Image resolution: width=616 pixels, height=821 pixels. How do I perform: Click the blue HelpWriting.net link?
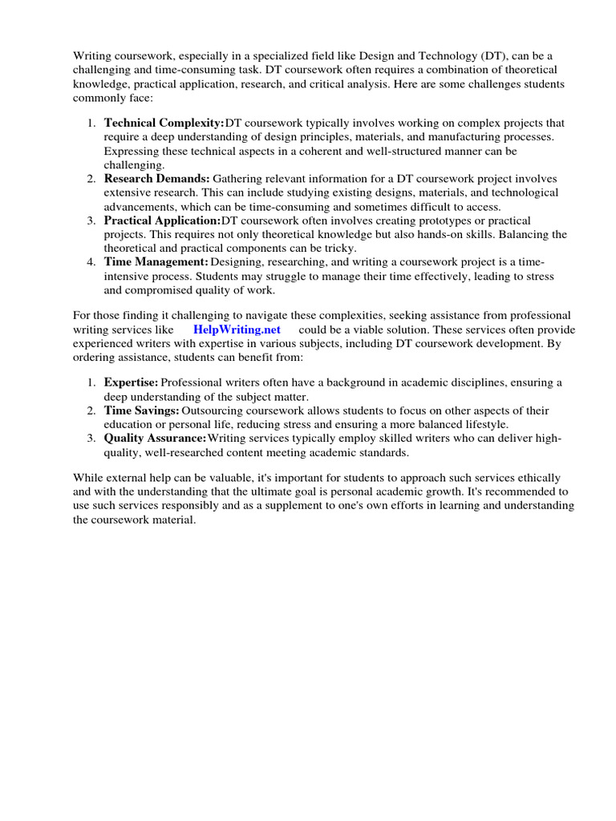(237, 330)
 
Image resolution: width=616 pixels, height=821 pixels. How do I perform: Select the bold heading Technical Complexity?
(164, 123)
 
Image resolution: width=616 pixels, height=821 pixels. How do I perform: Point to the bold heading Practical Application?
(162, 220)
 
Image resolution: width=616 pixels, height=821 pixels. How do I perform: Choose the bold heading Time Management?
(156, 262)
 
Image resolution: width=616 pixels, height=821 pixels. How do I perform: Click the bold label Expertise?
(131, 383)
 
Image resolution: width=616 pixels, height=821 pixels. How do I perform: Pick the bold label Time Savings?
(141, 410)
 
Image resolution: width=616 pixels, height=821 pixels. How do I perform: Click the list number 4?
(91, 262)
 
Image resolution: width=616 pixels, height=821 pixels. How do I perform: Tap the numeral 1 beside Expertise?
(91, 383)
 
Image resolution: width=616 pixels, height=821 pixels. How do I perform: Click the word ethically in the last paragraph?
(537, 478)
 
